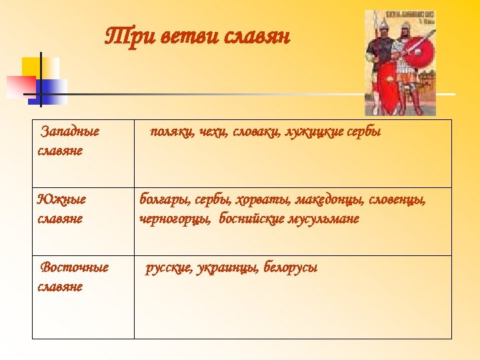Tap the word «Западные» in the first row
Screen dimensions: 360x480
click(70, 131)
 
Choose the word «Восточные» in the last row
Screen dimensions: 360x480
click(74, 267)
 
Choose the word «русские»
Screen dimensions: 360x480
click(169, 267)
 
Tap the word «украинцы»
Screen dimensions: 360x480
click(227, 267)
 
